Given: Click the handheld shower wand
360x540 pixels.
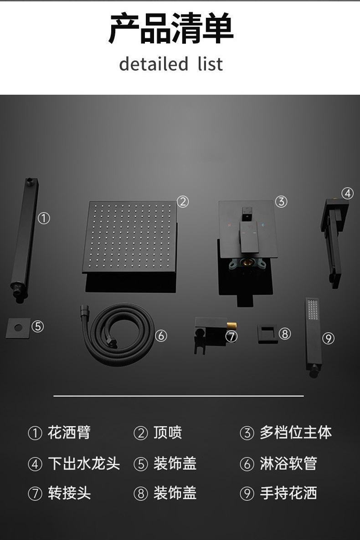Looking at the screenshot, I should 313,337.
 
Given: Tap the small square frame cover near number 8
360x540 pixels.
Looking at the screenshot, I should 267,334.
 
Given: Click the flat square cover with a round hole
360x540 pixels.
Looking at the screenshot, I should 18,328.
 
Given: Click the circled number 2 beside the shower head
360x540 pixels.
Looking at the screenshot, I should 182,202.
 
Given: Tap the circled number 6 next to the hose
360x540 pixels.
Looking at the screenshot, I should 161,336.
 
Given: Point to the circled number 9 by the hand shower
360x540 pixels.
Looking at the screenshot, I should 328,338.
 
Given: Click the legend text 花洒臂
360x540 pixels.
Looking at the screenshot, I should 69,433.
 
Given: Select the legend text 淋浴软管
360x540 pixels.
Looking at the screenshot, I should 288,464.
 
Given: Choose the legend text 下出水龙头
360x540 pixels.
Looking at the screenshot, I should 84,464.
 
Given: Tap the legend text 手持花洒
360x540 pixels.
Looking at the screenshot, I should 288,493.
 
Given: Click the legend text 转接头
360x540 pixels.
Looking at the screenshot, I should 69,493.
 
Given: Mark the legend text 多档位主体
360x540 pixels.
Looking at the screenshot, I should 295,433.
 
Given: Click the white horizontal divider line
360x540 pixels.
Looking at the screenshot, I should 179,396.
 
